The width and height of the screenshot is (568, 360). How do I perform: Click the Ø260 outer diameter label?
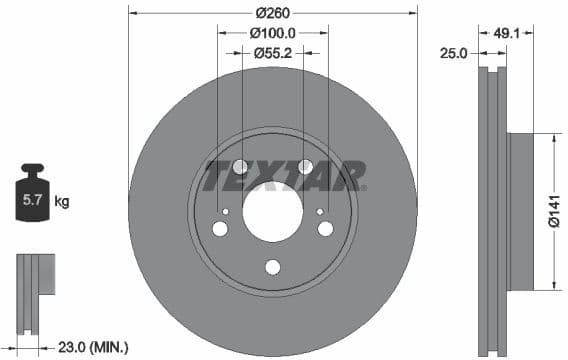272,13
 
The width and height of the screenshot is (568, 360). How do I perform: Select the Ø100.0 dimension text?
272,33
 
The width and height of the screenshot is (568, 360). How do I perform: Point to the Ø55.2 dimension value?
272,53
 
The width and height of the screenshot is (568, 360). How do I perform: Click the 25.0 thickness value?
454,53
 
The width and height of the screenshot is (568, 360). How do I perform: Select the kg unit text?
62,202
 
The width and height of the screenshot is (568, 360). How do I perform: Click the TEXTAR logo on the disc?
284,176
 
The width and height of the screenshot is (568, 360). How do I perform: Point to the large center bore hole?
272,212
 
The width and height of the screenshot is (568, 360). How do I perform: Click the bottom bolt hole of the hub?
272,267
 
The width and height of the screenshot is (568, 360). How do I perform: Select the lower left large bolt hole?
220,229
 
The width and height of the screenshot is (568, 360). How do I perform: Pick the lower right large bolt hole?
325,229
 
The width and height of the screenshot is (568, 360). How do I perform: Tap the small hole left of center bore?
227,211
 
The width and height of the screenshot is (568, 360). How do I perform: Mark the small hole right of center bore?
319,211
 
